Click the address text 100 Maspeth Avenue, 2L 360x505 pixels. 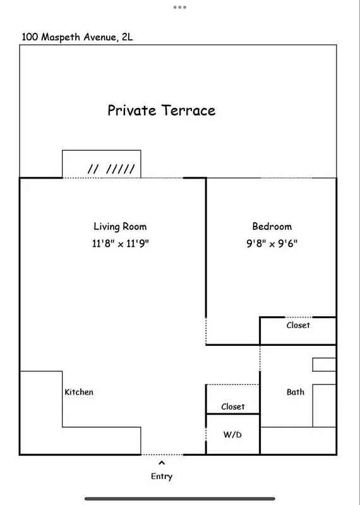(77, 37)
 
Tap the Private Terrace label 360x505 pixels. (161, 110)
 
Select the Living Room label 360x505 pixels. (120, 227)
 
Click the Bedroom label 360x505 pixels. (272, 227)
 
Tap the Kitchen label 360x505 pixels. (79, 392)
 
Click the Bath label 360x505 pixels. (296, 392)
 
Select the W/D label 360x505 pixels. (232, 435)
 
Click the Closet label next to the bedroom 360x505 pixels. (298, 325)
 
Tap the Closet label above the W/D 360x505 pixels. (232, 407)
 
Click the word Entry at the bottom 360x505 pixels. (162, 477)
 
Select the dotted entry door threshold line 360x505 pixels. (162, 454)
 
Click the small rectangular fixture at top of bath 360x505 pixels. (324, 365)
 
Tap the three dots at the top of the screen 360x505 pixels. (180, 8)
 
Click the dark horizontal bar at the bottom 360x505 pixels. (180, 498)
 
